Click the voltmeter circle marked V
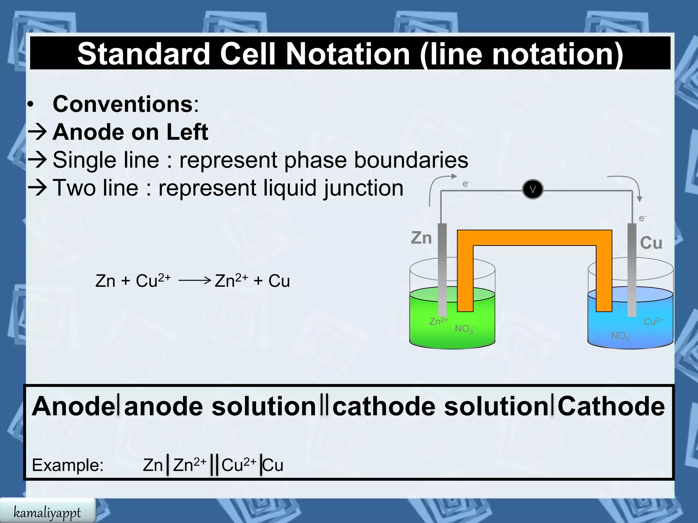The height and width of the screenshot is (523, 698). (532, 189)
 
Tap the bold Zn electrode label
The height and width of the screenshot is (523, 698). (421, 238)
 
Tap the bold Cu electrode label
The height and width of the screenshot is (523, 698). (651, 243)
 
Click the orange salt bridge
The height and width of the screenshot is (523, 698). (534, 238)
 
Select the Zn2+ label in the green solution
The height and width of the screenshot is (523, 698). (438, 321)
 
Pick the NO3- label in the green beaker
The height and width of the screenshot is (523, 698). (465, 329)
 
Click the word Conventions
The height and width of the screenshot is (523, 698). (123, 104)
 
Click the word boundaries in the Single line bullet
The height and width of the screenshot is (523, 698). (411, 160)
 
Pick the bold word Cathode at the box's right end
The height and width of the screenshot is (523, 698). (611, 406)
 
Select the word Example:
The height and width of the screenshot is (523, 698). (67, 465)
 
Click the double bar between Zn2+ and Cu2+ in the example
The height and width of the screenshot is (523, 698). (214, 465)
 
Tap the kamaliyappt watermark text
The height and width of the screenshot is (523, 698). (47, 512)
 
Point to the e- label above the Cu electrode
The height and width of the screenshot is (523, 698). (642, 218)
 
